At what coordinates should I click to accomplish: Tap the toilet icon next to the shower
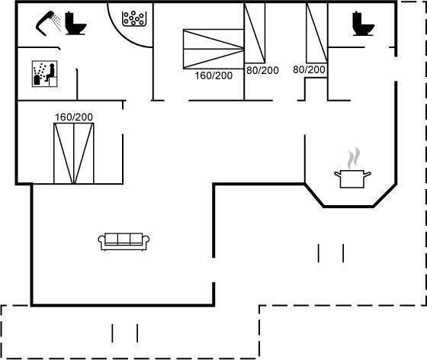[75, 23]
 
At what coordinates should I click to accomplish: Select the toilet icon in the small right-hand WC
[363, 24]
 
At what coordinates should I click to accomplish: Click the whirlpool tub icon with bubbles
[133, 18]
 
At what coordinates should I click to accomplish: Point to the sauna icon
[45, 73]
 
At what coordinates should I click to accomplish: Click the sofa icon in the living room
[124, 241]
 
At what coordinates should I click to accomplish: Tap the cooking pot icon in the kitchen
[352, 178]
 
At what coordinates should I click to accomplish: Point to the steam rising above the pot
[353, 158]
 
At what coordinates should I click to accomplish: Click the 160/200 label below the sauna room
[74, 117]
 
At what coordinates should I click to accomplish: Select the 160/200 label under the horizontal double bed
[213, 76]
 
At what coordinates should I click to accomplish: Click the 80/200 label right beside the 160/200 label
[262, 70]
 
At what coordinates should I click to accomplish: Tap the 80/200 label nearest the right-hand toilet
[309, 69]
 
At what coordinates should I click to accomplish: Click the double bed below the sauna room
[74, 153]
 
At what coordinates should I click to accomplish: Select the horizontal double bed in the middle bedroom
[213, 49]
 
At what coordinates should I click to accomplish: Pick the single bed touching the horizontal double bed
[255, 33]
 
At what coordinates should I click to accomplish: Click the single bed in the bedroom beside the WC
[316, 33]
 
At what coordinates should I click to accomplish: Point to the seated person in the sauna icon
[50, 72]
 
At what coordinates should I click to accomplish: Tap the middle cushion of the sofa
[124, 239]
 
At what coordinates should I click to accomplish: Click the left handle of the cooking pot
[337, 174]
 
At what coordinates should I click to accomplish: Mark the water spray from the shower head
[56, 23]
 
